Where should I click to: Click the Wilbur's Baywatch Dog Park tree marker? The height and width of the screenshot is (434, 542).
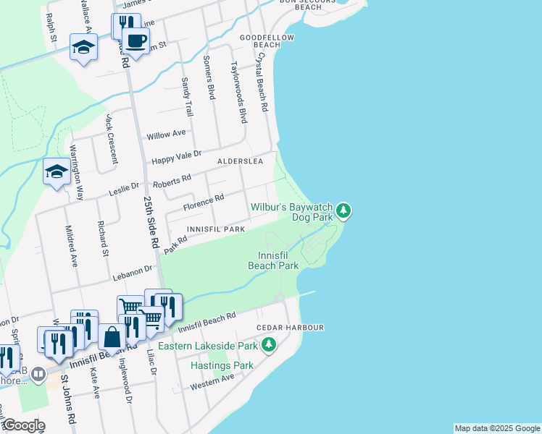(344, 210)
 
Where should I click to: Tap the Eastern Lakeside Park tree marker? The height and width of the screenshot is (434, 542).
(269, 345)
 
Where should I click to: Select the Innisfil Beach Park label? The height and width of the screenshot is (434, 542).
(273, 260)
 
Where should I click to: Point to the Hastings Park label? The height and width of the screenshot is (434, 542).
(222, 365)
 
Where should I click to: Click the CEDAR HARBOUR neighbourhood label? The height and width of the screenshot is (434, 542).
(290, 328)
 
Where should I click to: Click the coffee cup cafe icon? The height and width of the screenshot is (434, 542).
(135, 41)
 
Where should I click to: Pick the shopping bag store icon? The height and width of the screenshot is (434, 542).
(112, 337)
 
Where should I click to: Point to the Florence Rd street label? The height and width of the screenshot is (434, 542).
(203, 203)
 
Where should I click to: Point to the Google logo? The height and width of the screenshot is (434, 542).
(24, 425)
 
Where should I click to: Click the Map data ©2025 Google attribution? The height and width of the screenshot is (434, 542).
(496, 428)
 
